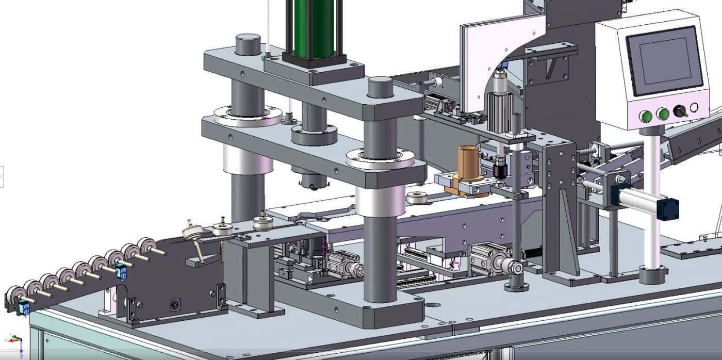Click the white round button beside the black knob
[x=694, y=108]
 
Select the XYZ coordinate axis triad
[x=15, y=341]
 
